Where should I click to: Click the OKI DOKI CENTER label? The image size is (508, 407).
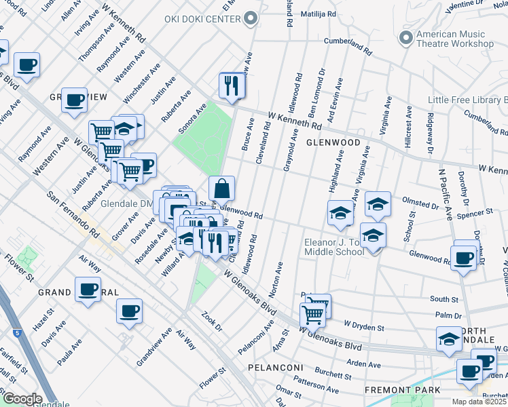coord(202,19)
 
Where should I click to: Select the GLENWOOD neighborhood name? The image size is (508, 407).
coord(333,143)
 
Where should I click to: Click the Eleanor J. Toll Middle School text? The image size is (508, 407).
coord(344,246)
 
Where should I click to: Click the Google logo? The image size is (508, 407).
coord(22,399)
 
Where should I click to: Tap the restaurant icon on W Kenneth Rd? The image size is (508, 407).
coord(232,85)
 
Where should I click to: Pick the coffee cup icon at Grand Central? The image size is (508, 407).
coord(88,290)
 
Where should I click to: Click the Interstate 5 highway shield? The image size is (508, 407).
coord(16,333)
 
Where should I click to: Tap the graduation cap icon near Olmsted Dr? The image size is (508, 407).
coord(378,203)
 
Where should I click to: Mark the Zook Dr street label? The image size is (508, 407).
coord(211,322)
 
